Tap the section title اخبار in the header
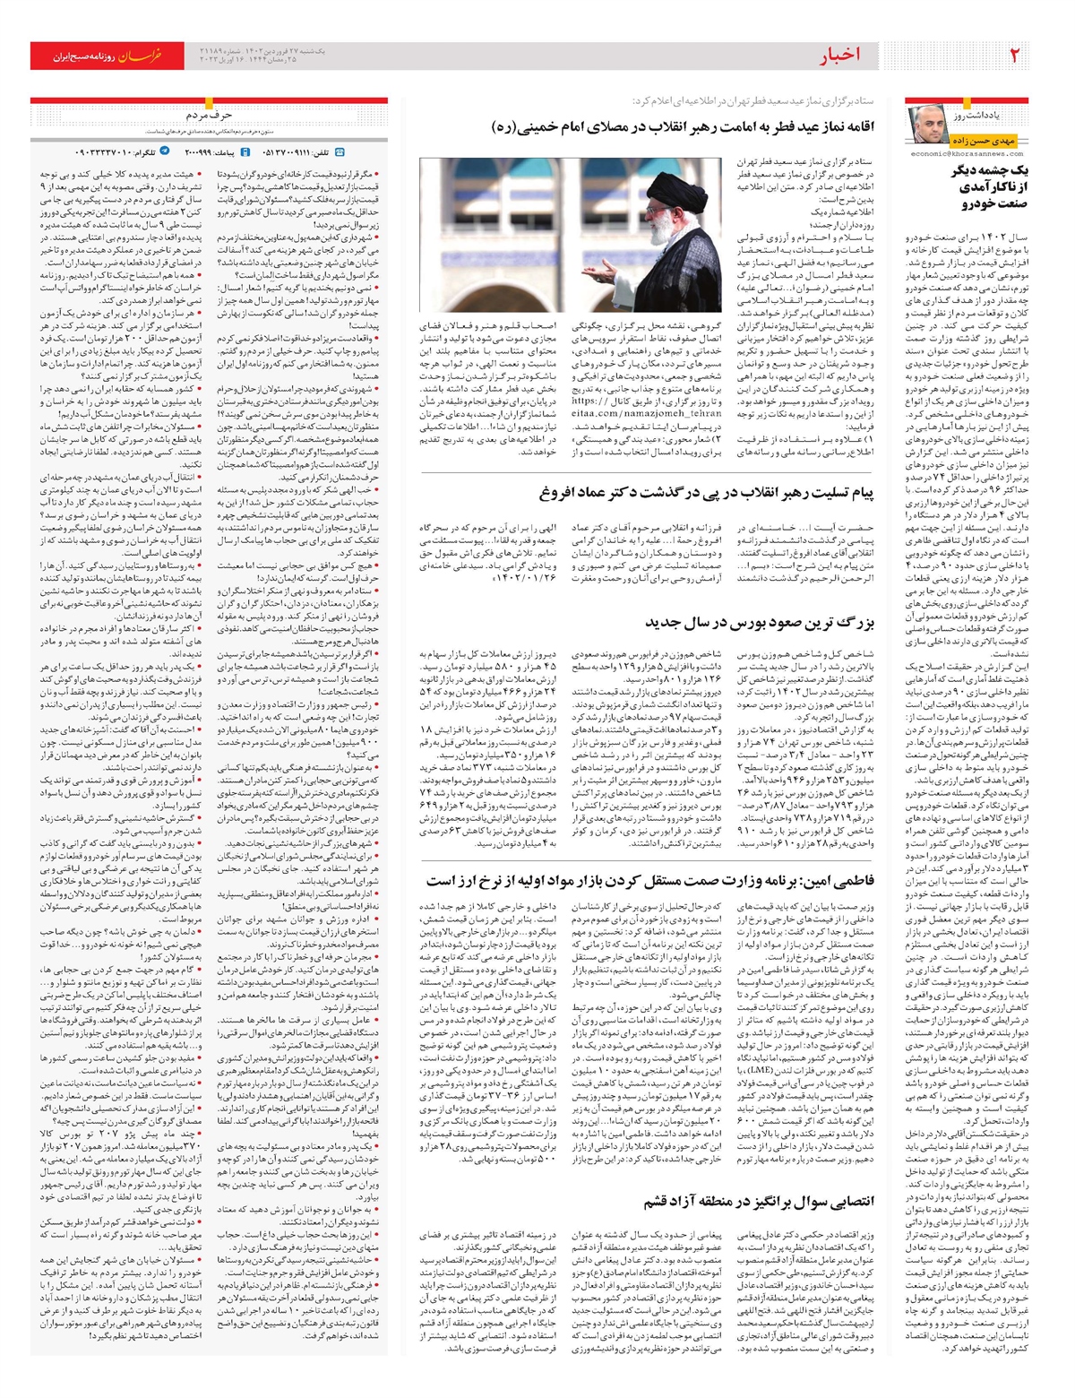(839, 56)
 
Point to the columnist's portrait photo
(928, 125)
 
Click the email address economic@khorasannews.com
(967, 153)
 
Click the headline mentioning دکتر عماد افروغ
(707, 492)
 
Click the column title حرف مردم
(209, 116)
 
